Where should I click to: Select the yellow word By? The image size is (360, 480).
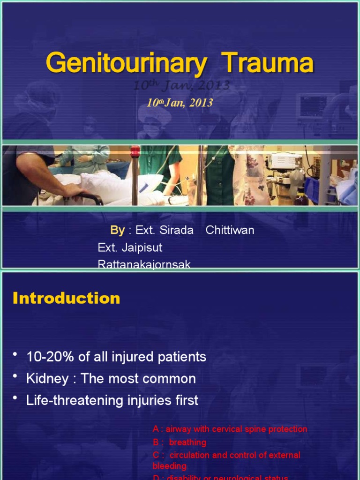tap(117, 230)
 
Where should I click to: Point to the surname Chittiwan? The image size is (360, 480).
tap(230, 230)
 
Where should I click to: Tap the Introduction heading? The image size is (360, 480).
tap(67, 298)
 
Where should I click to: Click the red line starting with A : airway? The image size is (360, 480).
tap(230, 429)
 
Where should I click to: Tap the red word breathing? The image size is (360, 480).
tap(187, 442)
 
